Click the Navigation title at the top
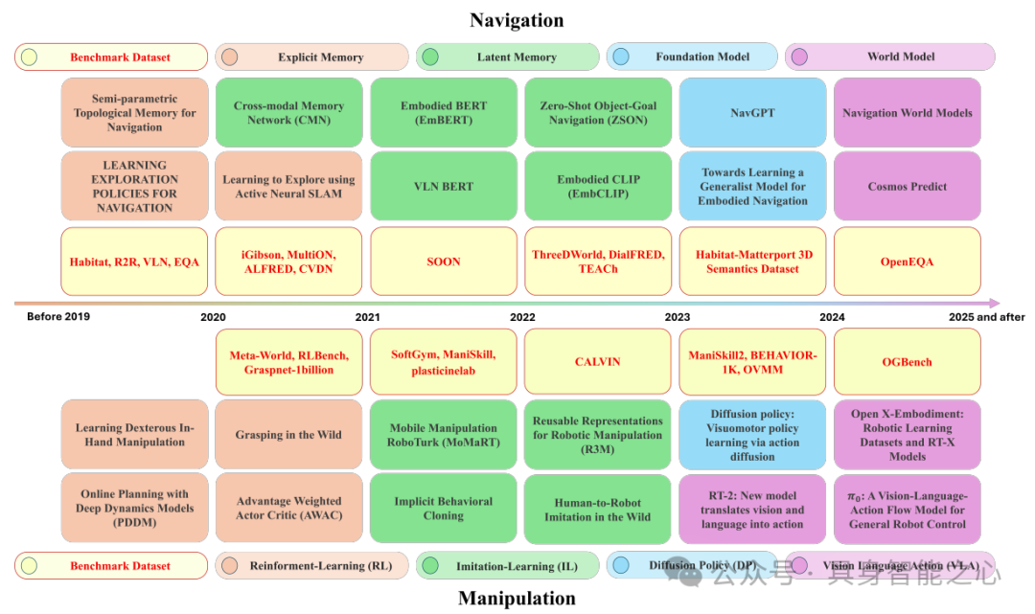pyautogui.click(x=517, y=20)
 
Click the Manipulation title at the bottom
pyautogui.click(x=517, y=599)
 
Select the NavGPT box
pyautogui.click(x=752, y=113)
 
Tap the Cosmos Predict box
pyautogui.click(x=907, y=187)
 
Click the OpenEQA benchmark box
pyautogui.click(x=907, y=261)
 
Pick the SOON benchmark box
pyautogui.click(x=443, y=261)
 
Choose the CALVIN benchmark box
pyautogui.click(x=597, y=362)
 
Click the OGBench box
pyautogui.click(x=907, y=362)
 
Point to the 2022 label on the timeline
pyautogui.click(x=522, y=317)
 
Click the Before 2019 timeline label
pyautogui.click(x=58, y=317)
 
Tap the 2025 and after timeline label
pyautogui.click(x=986, y=317)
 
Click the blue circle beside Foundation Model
pyautogui.click(x=621, y=57)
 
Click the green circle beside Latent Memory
pyautogui.click(x=430, y=57)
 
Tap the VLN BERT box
pyautogui.click(x=443, y=187)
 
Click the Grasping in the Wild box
pyautogui.click(x=288, y=435)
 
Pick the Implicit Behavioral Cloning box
pyautogui.click(x=443, y=509)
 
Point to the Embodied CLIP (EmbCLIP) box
pyautogui.click(x=597, y=187)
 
